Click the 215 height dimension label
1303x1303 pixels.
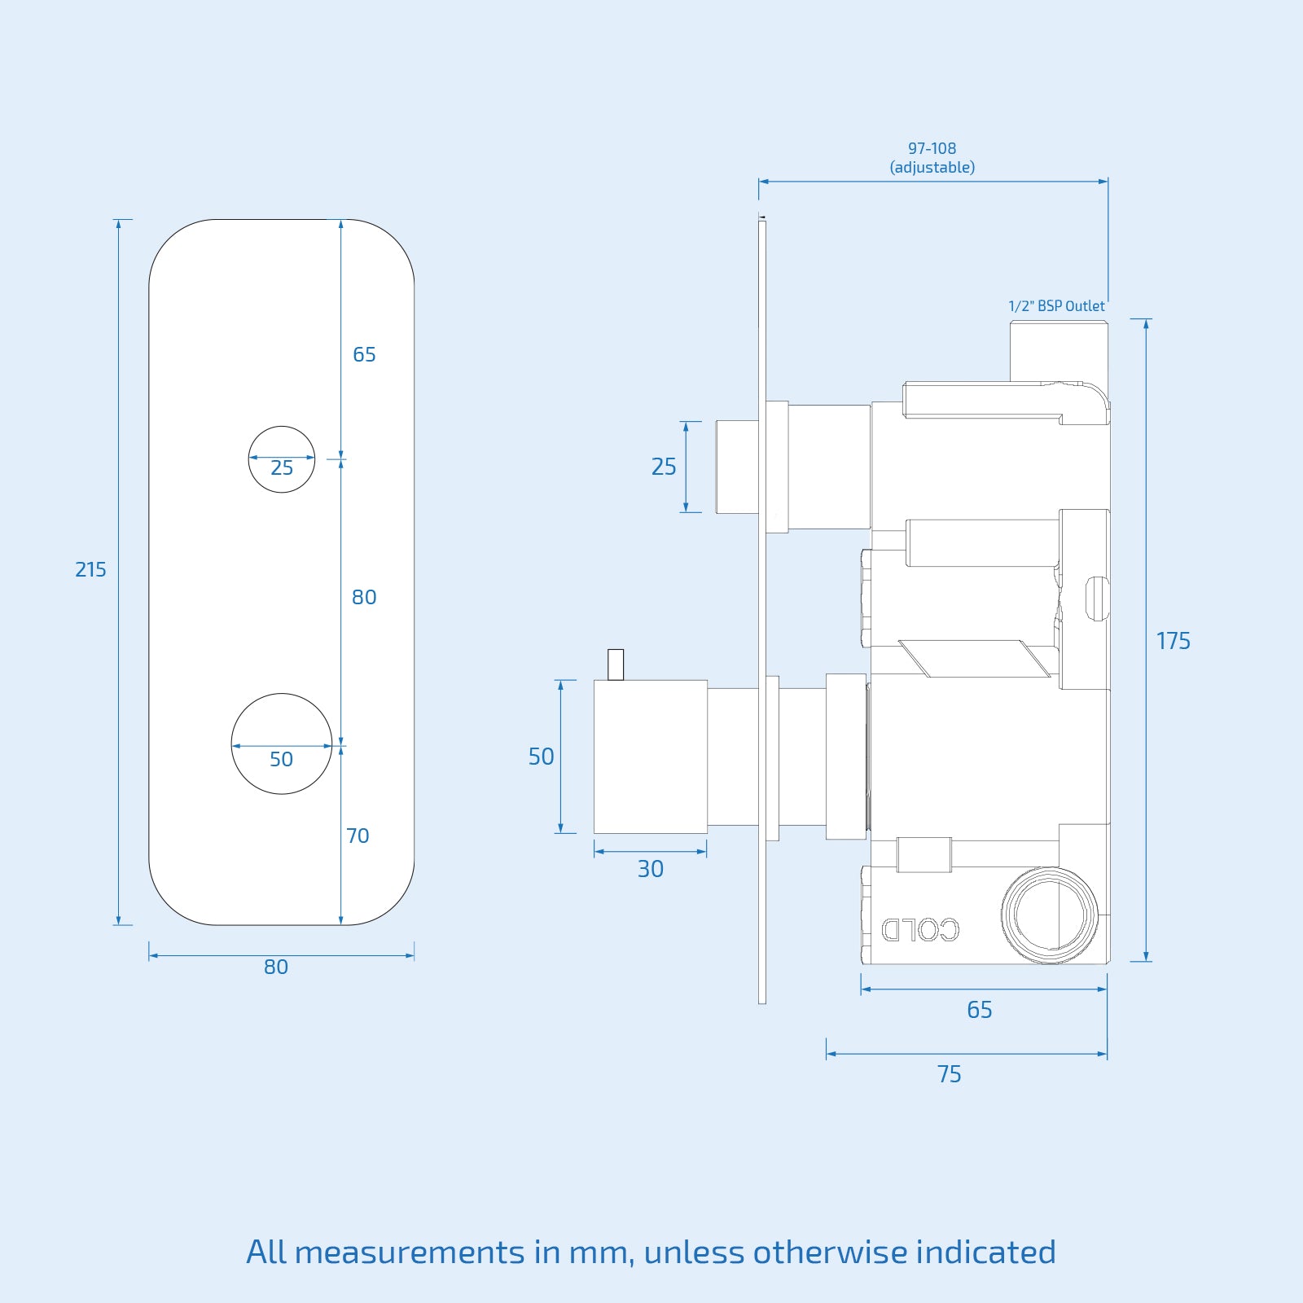(x=90, y=570)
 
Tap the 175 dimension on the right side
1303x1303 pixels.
(x=1173, y=641)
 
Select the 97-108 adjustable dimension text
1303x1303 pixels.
(x=932, y=158)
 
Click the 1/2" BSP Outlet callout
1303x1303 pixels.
(x=1056, y=306)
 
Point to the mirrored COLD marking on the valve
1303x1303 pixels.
(x=920, y=929)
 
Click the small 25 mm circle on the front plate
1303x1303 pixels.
(x=282, y=444)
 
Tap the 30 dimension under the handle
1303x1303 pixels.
(x=650, y=869)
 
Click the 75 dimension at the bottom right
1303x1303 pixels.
(x=949, y=1074)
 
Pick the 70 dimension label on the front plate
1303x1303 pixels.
(x=358, y=836)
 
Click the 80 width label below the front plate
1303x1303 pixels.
(x=276, y=967)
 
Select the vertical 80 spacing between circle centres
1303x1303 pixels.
(x=364, y=597)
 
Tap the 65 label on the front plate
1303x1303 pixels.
(x=364, y=354)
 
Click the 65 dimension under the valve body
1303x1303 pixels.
(x=979, y=1010)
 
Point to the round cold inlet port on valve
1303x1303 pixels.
(x=1050, y=915)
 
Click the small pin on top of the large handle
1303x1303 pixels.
(x=616, y=664)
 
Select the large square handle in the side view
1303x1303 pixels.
(x=650, y=757)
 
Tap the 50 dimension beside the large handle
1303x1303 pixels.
(x=541, y=757)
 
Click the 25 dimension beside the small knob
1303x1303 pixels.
(x=664, y=467)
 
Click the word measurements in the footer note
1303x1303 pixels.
(x=410, y=1253)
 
